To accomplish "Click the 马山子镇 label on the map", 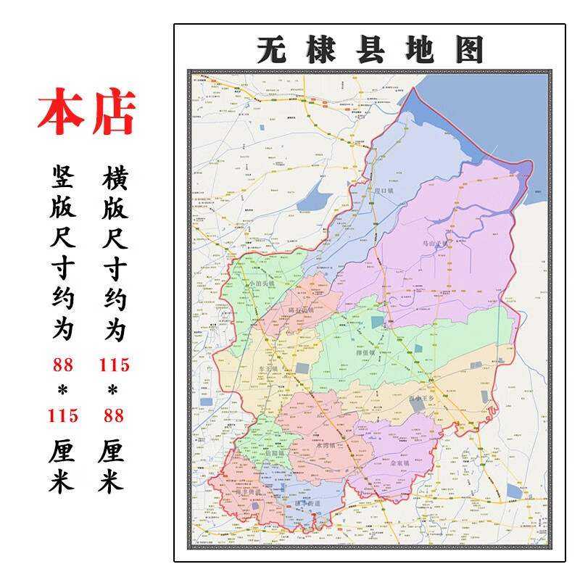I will (436, 244).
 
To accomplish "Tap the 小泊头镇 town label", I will (262, 283).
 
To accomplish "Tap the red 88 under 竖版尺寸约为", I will (62, 364).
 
